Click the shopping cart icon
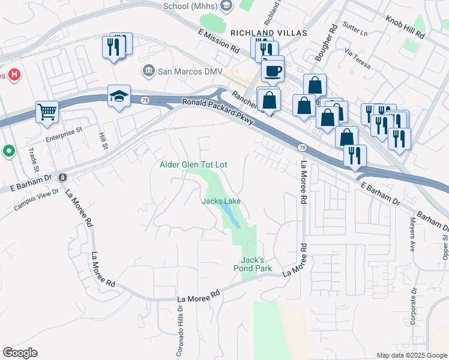tap(46, 111)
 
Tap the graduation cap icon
tap(119, 95)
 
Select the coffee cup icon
tap(273, 71)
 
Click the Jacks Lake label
tap(221, 201)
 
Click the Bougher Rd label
tap(326, 43)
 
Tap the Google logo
tap(20, 353)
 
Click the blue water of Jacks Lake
tap(231, 215)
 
